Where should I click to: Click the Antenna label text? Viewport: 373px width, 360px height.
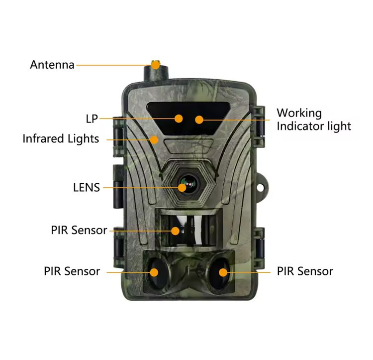[52, 65]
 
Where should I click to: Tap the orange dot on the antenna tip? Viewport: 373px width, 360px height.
[155, 65]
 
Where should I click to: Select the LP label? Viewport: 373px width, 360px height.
[92, 119]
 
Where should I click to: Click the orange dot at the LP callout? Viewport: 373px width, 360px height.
[179, 119]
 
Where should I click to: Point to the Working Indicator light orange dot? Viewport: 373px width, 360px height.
[199, 120]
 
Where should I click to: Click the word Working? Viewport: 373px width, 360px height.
[299, 114]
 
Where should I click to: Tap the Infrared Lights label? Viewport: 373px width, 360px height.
[61, 139]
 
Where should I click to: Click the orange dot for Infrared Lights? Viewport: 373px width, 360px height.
[154, 140]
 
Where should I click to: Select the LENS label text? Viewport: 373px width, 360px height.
[87, 188]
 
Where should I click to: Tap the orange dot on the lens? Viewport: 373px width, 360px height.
[182, 188]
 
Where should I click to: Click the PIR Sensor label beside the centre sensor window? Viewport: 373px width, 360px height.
[79, 230]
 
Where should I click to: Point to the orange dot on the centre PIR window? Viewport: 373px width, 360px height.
[176, 231]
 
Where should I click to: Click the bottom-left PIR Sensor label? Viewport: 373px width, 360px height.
[72, 271]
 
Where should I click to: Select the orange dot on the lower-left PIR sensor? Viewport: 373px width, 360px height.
[154, 272]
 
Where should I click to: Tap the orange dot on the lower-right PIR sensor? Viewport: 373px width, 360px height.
[223, 272]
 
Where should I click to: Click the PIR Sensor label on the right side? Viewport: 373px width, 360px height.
[305, 271]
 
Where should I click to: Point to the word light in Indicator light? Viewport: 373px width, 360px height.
[339, 126]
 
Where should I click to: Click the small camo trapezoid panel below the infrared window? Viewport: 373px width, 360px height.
[188, 146]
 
